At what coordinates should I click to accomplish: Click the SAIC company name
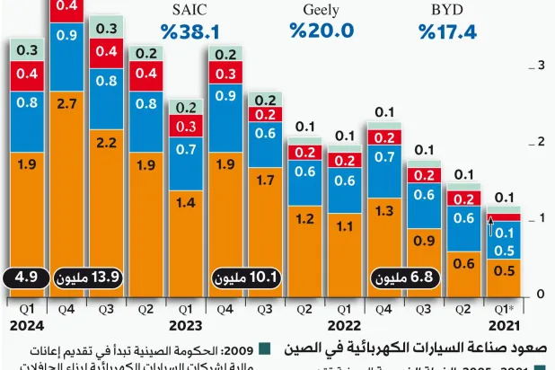(189, 10)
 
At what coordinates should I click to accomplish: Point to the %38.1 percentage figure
(189, 31)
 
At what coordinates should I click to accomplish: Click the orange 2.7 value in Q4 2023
(66, 105)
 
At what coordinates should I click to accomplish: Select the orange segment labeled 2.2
(107, 142)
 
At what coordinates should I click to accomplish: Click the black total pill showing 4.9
(26, 278)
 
